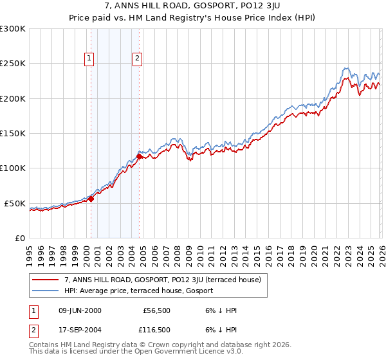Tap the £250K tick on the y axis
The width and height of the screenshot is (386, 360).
point(13,64)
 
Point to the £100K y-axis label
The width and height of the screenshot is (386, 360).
point(13,168)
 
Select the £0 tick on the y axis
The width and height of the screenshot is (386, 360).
point(19,238)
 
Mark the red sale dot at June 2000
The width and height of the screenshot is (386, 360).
point(91,199)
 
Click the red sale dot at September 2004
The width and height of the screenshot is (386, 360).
point(140,156)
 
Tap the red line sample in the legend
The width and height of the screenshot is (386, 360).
point(46,280)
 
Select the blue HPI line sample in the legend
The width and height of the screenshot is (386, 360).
point(46,291)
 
